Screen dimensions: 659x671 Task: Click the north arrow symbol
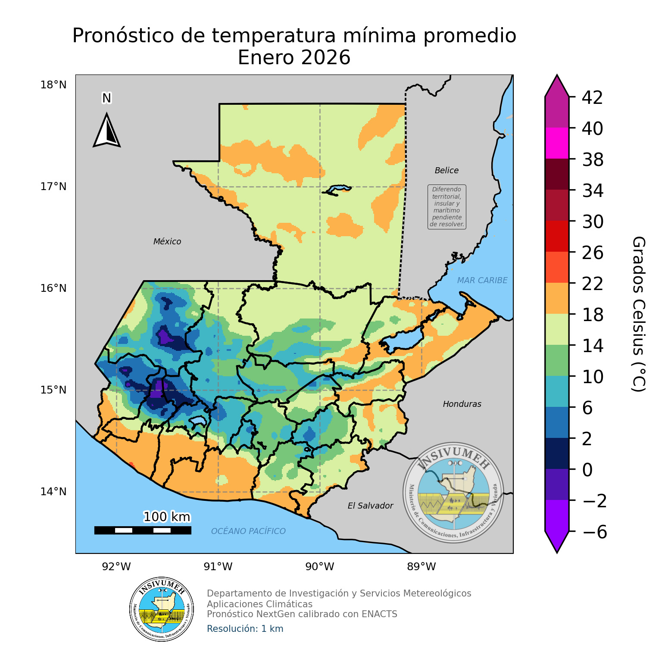coord(106,130)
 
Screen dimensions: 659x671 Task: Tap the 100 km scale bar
coord(143,530)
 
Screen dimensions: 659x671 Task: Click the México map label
coord(167,242)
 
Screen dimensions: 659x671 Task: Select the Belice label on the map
coord(446,171)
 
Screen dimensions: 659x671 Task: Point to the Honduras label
coord(462,404)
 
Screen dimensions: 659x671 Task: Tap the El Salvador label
coord(370,506)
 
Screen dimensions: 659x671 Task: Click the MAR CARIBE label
coord(482,281)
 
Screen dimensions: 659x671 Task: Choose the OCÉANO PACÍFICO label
coord(248,531)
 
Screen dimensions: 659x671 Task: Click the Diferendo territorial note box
coord(447,207)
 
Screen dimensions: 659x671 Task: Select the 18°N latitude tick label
coord(53,85)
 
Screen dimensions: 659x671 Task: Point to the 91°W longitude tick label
coord(218,567)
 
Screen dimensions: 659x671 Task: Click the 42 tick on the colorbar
coord(592,98)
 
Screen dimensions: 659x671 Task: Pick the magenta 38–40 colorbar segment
coord(557,143)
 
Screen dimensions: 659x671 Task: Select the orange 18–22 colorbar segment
coord(557,298)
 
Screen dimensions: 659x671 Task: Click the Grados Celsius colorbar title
coord(638,314)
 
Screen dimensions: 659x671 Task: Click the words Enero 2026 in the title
coord(294,58)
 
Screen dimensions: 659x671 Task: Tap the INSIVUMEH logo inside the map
coord(453,493)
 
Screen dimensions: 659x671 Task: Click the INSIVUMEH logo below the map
coord(162,609)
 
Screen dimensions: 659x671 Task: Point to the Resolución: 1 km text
coord(245,629)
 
